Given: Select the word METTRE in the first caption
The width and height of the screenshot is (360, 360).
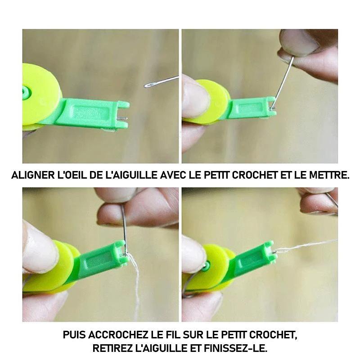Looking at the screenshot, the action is (329, 175).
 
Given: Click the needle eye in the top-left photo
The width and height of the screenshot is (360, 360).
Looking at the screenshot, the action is (148, 85).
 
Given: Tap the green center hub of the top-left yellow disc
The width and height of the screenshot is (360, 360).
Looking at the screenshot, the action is (26, 92).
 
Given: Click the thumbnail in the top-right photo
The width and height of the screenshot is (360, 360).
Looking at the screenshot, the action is (299, 42).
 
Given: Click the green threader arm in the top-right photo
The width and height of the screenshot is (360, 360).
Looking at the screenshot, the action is (252, 108).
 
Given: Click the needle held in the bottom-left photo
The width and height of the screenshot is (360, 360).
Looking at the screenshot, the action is (124, 229).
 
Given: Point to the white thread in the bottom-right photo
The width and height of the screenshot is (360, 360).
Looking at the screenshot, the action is (306, 246).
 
